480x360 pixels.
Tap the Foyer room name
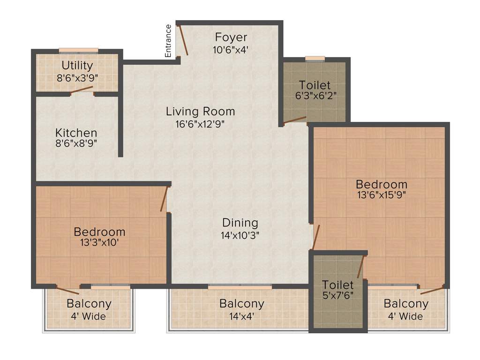(x=231, y=37)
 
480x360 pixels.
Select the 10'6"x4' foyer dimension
(x=231, y=49)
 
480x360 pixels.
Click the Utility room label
(x=77, y=66)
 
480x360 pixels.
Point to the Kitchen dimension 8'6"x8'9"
(x=76, y=144)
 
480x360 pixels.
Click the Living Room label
(x=200, y=112)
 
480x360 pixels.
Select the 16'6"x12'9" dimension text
(x=200, y=124)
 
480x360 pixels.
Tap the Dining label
(x=240, y=223)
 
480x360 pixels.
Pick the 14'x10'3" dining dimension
(x=240, y=235)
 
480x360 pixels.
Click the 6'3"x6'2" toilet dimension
(x=315, y=97)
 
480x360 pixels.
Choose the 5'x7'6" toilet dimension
(x=337, y=296)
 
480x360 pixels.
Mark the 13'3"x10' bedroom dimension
(x=99, y=243)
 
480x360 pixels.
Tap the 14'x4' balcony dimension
(x=241, y=316)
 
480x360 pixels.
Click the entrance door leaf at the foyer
(x=182, y=40)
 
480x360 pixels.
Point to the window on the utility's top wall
(x=78, y=51)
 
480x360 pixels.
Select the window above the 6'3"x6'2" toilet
(x=315, y=59)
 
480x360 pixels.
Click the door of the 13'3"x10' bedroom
(x=164, y=199)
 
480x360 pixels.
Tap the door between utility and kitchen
(x=82, y=90)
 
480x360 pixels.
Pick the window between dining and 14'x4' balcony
(x=240, y=286)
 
